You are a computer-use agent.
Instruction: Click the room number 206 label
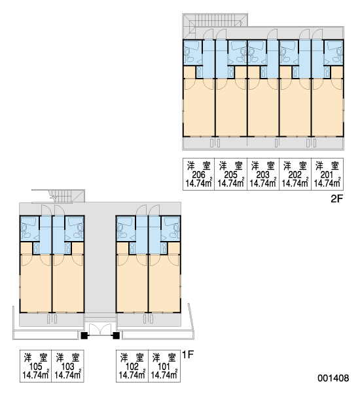[x=199, y=175]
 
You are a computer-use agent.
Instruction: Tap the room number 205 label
[x=231, y=175]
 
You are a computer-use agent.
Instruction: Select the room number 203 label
[x=263, y=175]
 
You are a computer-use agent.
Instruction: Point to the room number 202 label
[x=295, y=175]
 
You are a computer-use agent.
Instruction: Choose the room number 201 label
[x=327, y=175]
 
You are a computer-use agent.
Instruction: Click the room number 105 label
[x=35, y=367]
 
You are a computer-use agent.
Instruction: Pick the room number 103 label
[x=67, y=367]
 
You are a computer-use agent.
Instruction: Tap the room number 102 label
[x=132, y=367]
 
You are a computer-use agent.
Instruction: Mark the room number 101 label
[x=164, y=367]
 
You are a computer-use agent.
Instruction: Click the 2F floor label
[x=336, y=199]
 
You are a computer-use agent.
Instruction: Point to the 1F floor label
[x=188, y=354]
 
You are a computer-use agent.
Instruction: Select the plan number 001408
[x=333, y=378]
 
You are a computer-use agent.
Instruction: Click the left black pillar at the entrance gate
[x=84, y=335]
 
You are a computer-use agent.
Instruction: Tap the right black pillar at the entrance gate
[x=116, y=335]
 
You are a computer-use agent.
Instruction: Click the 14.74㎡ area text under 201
[x=327, y=183]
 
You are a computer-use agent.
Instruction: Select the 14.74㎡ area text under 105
[x=35, y=375]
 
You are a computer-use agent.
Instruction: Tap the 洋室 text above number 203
[x=263, y=166]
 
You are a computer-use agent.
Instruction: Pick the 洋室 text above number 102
[x=132, y=358]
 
